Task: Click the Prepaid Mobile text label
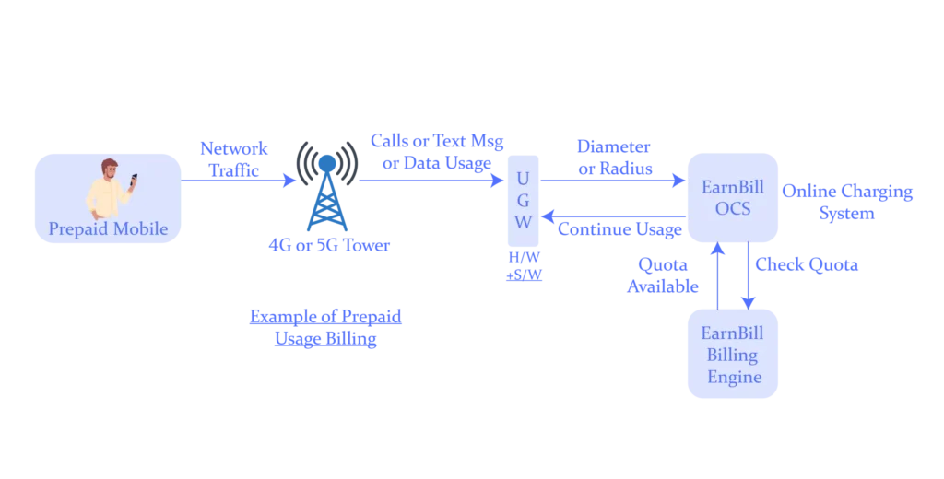click(109, 228)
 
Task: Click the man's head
click(110, 169)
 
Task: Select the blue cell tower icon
click(326, 193)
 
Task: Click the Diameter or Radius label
click(615, 158)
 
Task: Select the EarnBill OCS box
click(733, 197)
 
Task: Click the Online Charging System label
click(847, 203)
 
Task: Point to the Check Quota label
click(808, 264)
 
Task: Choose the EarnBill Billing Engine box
click(733, 355)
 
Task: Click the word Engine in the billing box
click(734, 377)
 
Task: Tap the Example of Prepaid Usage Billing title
click(327, 329)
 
